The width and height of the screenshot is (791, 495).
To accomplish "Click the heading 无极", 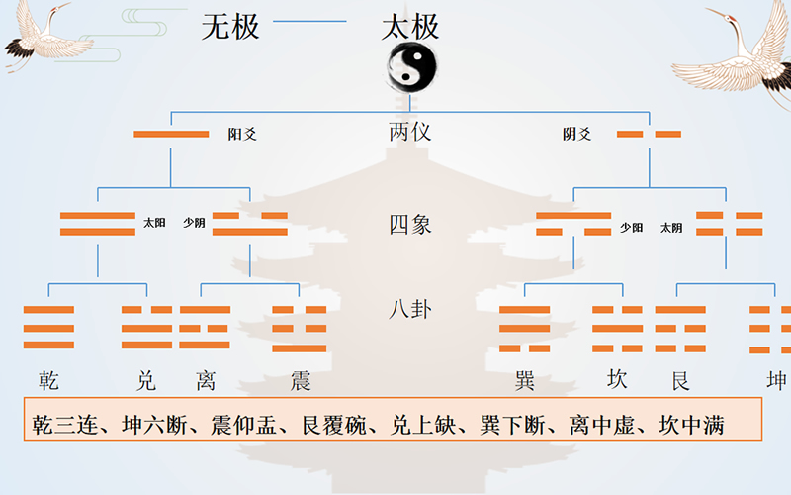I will click(x=230, y=27).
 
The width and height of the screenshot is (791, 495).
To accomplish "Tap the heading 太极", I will click(x=409, y=27).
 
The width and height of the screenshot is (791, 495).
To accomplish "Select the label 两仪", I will click(x=409, y=132).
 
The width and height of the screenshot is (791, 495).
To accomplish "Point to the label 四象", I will click(x=409, y=225).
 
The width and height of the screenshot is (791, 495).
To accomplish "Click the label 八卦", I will click(x=409, y=309).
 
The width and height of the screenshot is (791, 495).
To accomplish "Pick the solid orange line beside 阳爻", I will click(x=171, y=134).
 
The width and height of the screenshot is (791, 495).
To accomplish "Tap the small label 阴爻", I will click(x=577, y=134).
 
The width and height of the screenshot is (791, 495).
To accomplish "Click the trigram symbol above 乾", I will click(x=48, y=328).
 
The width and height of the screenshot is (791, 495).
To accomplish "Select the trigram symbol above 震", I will click(x=299, y=328).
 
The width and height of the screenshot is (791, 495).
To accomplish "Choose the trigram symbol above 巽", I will click(x=524, y=328).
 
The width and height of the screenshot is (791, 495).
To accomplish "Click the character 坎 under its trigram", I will click(x=617, y=380).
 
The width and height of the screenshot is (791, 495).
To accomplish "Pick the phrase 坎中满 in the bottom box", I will click(x=691, y=426).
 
